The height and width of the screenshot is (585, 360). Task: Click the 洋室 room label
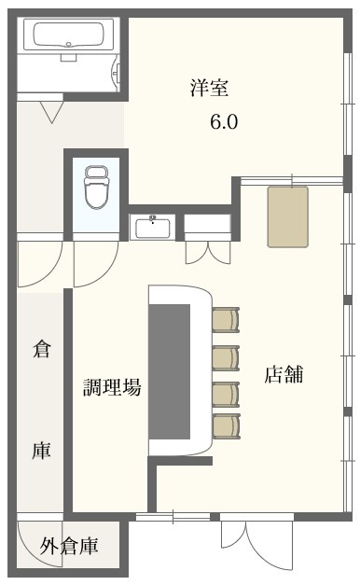pyautogui.click(x=209, y=88)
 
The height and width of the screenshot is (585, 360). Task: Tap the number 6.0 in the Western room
pyautogui.click(x=224, y=121)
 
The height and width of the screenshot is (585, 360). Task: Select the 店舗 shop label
pyautogui.click(x=284, y=374)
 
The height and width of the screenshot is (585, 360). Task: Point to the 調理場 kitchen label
pyautogui.click(x=112, y=387)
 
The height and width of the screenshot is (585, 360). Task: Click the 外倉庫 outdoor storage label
pyautogui.click(x=69, y=546)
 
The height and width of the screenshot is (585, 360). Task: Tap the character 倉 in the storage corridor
pyautogui.click(x=41, y=349)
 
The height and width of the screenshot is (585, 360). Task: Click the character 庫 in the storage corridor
pyautogui.click(x=41, y=450)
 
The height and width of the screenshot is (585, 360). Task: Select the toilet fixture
pyautogui.click(x=96, y=187)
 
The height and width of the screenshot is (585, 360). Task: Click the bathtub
pyautogui.click(x=68, y=35)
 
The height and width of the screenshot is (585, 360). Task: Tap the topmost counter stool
pyautogui.click(x=226, y=320)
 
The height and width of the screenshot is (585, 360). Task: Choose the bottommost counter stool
pyautogui.click(x=226, y=426)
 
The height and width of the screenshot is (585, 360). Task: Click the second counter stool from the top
pyautogui.click(x=226, y=358)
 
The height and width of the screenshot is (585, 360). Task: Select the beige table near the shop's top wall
pyautogui.click(x=287, y=217)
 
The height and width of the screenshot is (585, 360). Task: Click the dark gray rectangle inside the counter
pyautogui.click(x=170, y=371)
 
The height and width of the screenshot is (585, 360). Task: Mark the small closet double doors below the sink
pyautogui.click(x=208, y=252)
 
